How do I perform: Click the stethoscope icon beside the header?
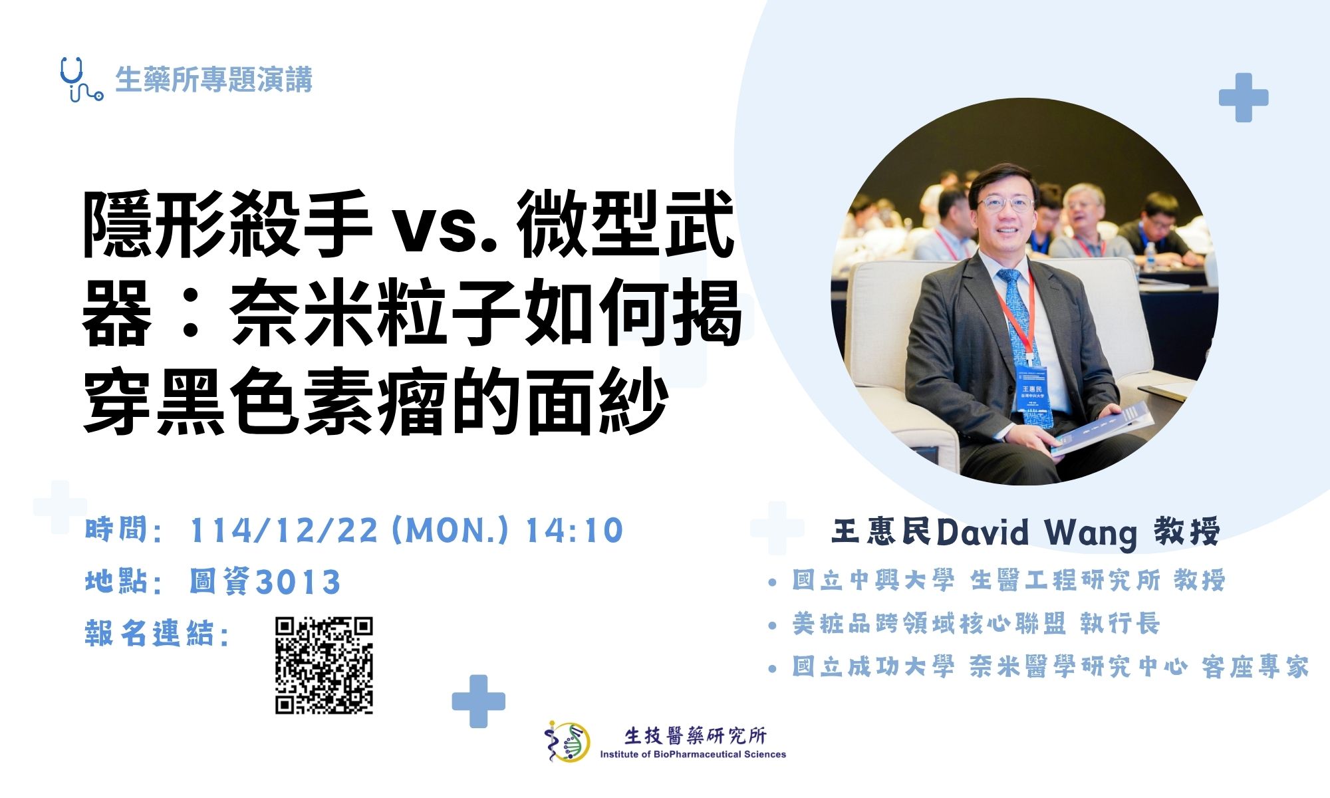click(80, 79)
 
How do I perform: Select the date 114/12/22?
click(283, 531)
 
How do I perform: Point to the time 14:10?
click(574, 531)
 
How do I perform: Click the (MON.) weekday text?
click(450, 531)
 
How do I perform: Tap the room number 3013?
click(298, 582)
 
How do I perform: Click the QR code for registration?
click(324, 666)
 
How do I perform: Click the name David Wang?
click(1037, 533)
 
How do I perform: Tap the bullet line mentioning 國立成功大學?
click(1050, 667)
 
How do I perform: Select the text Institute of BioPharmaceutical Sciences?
click(693, 754)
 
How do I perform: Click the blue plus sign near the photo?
click(1243, 98)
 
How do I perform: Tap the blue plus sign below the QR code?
click(478, 701)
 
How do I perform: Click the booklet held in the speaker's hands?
click(1101, 429)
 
